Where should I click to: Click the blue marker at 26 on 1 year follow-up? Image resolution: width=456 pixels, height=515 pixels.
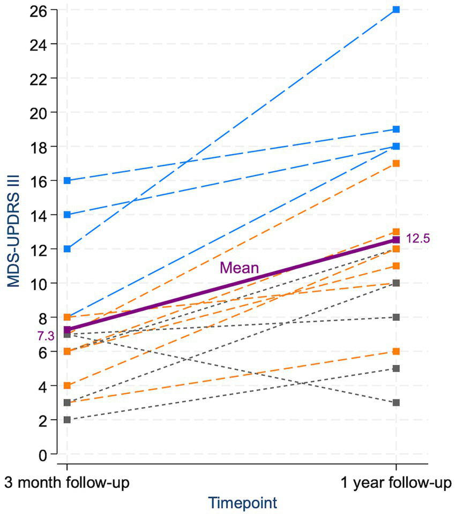tap(396, 10)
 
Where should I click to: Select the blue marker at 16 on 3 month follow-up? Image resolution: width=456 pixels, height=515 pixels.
tap(67, 180)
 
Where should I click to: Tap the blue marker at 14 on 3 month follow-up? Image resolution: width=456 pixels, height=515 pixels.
tap(67, 215)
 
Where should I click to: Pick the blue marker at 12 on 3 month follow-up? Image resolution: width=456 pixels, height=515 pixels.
tap(67, 249)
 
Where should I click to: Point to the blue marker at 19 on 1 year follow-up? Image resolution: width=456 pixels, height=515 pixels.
tap(396, 129)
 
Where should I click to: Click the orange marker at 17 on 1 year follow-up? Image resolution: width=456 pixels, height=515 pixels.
tap(396, 163)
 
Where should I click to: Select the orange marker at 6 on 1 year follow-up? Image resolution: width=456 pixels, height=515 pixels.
tap(396, 351)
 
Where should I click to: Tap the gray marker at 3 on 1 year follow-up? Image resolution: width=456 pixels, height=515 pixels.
tap(396, 403)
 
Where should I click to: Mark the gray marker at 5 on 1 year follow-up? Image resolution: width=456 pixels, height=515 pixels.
tap(396, 368)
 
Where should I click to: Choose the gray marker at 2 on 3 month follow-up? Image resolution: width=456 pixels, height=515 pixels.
tap(67, 420)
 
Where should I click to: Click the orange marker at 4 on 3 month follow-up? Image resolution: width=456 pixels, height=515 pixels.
tap(67, 385)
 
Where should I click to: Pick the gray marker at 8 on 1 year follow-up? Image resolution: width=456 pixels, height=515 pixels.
tap(396, 317)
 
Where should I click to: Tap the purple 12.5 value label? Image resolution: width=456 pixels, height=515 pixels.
tap(418, 238)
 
